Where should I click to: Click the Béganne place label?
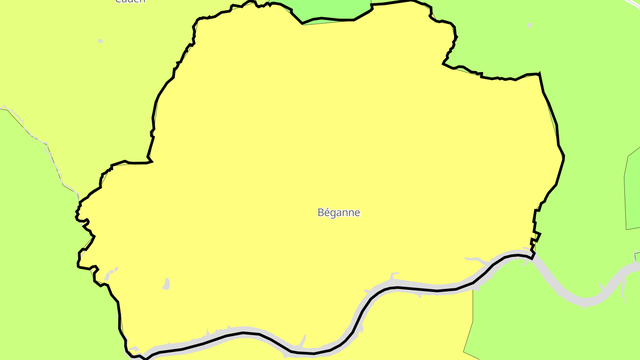(x=339, y=212)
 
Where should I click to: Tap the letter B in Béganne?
(x=321, y=212)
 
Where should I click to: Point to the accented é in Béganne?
(x=327, y=212)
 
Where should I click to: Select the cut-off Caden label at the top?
(x=130, y=1)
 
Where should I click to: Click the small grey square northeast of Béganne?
(x=529, y=25)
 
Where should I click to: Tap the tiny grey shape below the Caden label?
(x=100, y=41)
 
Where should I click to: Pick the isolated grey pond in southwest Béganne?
(x=166, y=284)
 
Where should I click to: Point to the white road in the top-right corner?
(x=633, y=4)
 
